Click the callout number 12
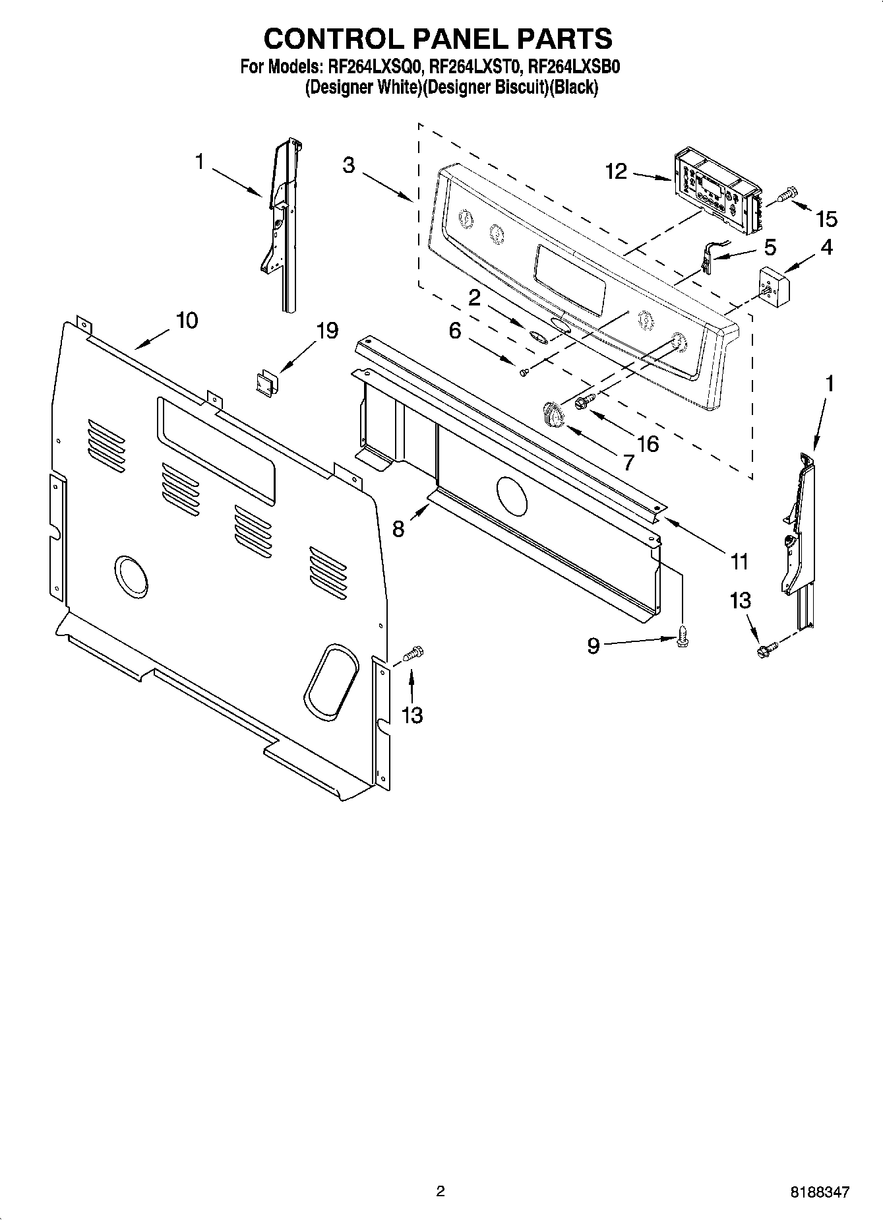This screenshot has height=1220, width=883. [616, 172]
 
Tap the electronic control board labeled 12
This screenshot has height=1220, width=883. [715, 185]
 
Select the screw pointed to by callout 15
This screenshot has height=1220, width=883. [787, 195]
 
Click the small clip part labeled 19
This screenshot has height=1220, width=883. [266, 382]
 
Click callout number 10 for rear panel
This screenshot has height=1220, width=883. [187, 321]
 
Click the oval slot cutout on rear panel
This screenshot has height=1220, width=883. [331, 682]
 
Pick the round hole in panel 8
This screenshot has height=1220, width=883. [511, 496]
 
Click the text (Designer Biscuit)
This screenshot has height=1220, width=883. [485, 87]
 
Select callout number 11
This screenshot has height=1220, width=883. [740, 562]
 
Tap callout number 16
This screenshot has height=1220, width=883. [648, 443]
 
